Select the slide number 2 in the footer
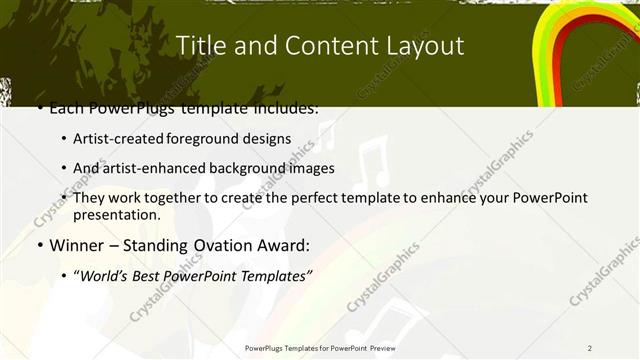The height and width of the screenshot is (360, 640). (x=590, y=347)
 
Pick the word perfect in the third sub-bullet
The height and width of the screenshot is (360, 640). (x=322, y=197)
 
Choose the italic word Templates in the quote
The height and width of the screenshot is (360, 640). (x=276, y=274)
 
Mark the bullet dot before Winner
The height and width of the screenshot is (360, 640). (x=39, y=245)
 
